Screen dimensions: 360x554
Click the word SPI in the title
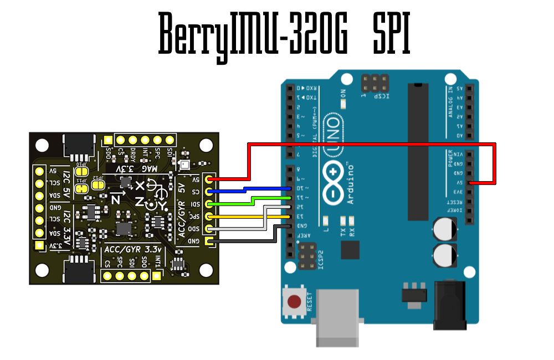(x=391, y=34)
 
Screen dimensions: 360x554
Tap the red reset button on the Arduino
(x=294, y=302)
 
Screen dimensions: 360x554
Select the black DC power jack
(x=449, y=305)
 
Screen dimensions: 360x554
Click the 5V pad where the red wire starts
(x=209, y=179)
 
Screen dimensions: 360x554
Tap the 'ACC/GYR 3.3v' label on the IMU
(x=133, y=250)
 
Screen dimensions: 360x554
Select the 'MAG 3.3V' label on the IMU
(x=136, y=168)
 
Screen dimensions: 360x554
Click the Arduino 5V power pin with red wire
(x=470, y=182)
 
